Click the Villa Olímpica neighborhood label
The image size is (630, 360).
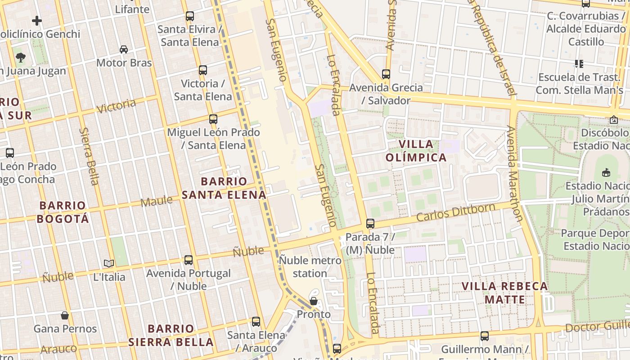[416, 151]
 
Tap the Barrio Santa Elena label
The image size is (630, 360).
[224, 188]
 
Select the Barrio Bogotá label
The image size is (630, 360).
[63, 212]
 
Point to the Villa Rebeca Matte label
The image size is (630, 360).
[505, 293]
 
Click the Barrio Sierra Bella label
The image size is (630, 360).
[171, 335]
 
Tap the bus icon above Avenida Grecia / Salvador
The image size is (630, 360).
[386, 74]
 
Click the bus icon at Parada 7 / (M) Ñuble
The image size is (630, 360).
[370, 223]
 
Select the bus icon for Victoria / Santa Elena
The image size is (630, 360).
[203, 70]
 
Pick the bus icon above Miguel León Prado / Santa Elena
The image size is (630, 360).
[213, 119]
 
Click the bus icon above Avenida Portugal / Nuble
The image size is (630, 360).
[189, 260]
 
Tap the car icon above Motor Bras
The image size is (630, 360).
[124, 49]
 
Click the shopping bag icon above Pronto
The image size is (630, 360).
[314, 301]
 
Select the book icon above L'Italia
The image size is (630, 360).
[109, 264]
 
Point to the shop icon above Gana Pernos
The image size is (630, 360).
[65, 315]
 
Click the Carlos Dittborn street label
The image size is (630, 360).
[455, 212]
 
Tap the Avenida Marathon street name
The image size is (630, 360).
[515, 173]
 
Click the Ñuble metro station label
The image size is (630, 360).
[310, 266]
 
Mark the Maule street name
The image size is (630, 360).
[156, 201]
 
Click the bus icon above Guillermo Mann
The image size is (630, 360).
[484, 336]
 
